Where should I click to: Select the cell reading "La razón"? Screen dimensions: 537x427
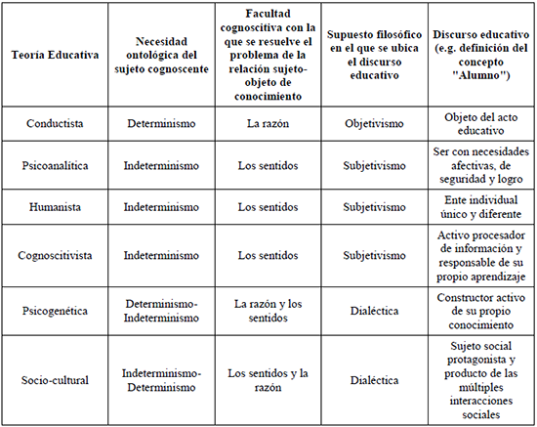[x=270, y=124]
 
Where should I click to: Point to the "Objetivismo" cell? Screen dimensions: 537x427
[x=376, y=124]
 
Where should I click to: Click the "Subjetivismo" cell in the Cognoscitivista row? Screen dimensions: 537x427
[x=376, y=256]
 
